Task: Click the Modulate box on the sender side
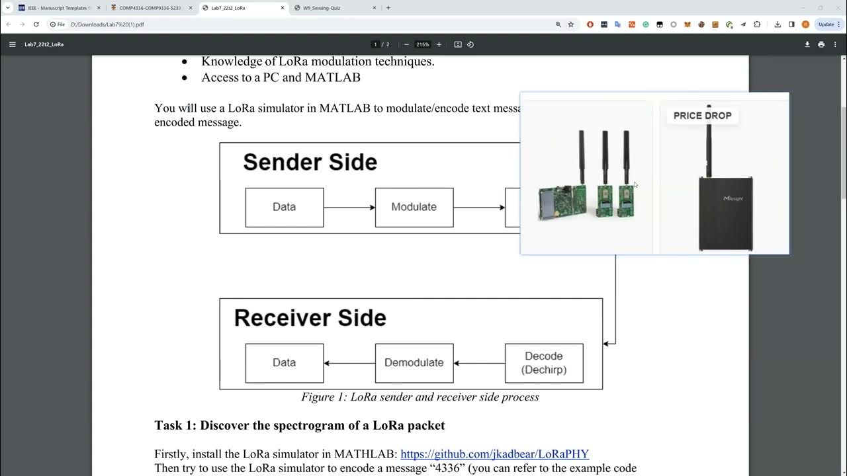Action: [414, 208]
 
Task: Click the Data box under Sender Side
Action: [285, 208]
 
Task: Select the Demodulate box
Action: [414, 363]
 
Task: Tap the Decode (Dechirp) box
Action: [544, 363]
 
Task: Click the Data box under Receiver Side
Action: [285, 363]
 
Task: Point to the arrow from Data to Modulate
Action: [349, 208]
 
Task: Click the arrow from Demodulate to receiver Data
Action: [349, 363]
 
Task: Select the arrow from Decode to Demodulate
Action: [479, 363]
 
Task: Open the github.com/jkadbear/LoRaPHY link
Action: [494, 454]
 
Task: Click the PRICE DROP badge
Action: [702, 116]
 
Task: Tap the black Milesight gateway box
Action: [725, 213]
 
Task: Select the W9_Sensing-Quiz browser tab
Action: [330, 8]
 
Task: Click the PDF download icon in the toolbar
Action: [807, 44]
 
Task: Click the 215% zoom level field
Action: [422, 44]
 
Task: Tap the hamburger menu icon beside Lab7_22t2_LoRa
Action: [12, 44]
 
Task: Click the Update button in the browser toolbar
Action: [826, 24]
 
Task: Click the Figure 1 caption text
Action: [420, 397]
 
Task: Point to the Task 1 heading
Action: [299, 425]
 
